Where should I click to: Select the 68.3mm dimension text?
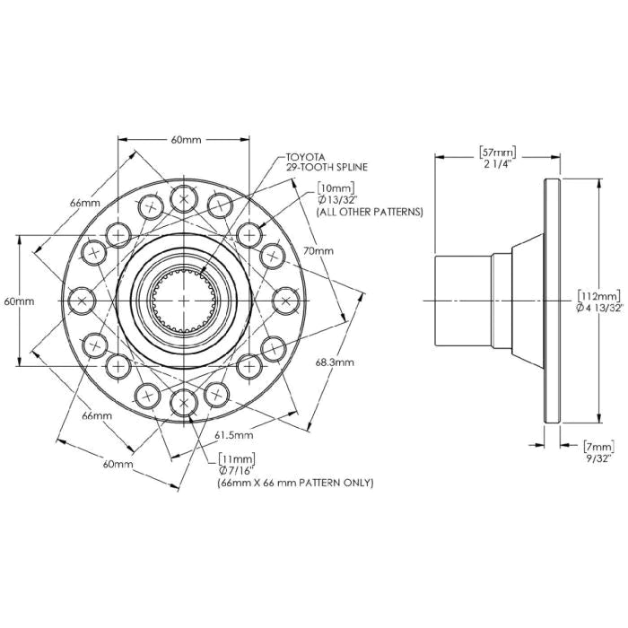click(x=336, y=362)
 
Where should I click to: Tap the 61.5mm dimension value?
click(x=234, y=434)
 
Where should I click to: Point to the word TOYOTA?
click(x=305, y=155)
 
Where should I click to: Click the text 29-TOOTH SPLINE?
click(x=327, y=167)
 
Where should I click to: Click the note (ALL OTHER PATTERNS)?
click(x=369, y=212)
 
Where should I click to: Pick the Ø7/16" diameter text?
click(x=238, y=470)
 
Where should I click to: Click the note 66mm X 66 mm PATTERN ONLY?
click(x=295, y=483)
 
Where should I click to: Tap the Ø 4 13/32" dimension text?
click(x=597, y=308)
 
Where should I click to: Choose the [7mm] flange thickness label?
click(x=597, y=446)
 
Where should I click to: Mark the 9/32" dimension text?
click(x=597, y=458)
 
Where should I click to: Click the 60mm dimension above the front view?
click(x=185, y=140)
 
